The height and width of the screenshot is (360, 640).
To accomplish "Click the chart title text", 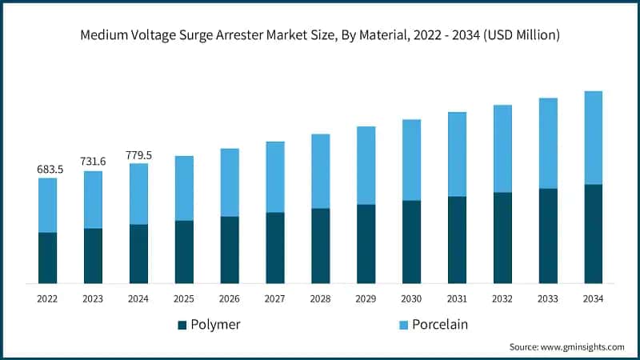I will (320, 35).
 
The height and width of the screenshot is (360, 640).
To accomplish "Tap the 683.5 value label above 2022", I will (47, 170).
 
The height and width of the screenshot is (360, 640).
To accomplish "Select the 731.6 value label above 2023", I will (93, 162).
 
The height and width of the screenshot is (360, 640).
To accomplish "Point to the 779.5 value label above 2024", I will (138, 155).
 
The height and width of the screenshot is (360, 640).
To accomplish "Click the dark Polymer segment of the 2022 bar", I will (47, 258).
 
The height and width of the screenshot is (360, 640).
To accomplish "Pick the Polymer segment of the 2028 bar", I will (320, 246).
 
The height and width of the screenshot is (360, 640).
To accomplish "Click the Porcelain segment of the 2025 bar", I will (184, 188).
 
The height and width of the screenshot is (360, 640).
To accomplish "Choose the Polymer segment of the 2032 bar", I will (502, 238).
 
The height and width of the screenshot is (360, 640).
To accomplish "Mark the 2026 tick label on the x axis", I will (230, 298).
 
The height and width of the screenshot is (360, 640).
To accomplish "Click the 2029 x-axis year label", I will (366, 298).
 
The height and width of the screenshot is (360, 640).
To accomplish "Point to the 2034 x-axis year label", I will (593, 298).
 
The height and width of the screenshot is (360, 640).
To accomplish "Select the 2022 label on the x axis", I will (47, 298).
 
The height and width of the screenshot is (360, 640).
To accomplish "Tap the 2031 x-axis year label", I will (457, 298).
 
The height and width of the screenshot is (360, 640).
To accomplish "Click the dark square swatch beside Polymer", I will (182, 325).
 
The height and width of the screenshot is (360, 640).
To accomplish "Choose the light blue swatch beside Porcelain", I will (404, 325).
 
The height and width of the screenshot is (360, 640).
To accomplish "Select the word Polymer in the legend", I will (216, 325).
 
